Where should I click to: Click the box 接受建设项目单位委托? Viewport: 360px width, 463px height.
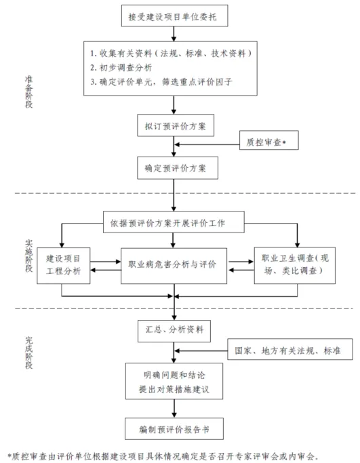tap(174, 16)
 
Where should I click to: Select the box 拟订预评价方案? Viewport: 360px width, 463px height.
tap(176, 125)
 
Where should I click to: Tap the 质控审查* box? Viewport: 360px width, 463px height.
tap(268, 140)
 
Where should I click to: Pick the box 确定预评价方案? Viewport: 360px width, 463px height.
tap(178, 168)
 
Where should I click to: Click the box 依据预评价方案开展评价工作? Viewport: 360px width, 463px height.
tap(174, 222)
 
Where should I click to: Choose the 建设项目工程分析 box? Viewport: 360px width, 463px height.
tap(64, 266)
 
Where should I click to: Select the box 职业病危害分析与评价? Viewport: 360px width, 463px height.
tap(174, 266)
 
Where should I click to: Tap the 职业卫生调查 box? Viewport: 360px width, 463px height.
tap(295, 266)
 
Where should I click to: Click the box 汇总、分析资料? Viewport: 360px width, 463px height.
tap(174, 331)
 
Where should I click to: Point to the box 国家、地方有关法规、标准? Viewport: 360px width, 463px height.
tap(290, 349)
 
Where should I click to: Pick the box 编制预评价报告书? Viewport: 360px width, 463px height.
tap(174, 428)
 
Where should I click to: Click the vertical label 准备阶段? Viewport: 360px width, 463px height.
tap(28, 92)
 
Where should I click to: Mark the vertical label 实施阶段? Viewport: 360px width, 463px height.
tap(28, 256)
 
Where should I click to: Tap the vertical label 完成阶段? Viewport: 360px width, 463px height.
tap(28, 353)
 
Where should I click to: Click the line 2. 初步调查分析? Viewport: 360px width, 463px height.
tap(121, 68)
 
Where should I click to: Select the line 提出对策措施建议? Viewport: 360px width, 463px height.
tap(174, 389)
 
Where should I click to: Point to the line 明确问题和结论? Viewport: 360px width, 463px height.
tap(174, 376)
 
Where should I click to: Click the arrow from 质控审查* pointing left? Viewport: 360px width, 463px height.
tap(207, 144)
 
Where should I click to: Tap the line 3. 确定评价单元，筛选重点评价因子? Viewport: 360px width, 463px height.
tap(161, 82)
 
